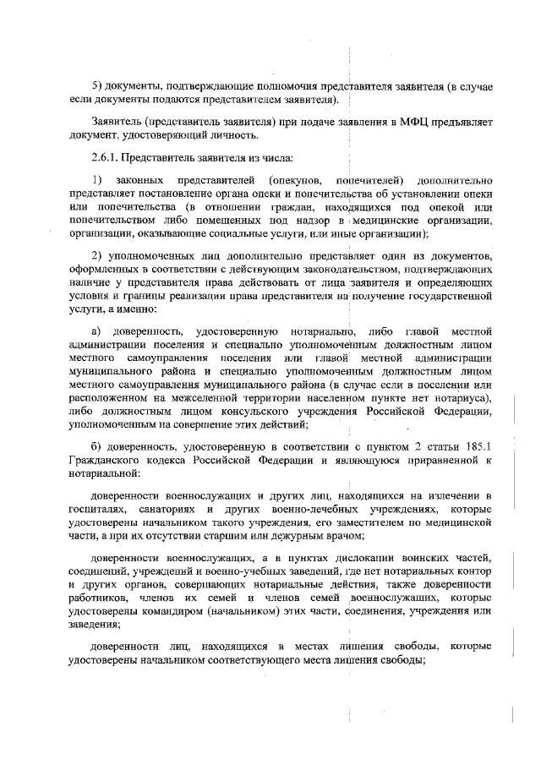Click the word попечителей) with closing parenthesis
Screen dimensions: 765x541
[x=369, y=183]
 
